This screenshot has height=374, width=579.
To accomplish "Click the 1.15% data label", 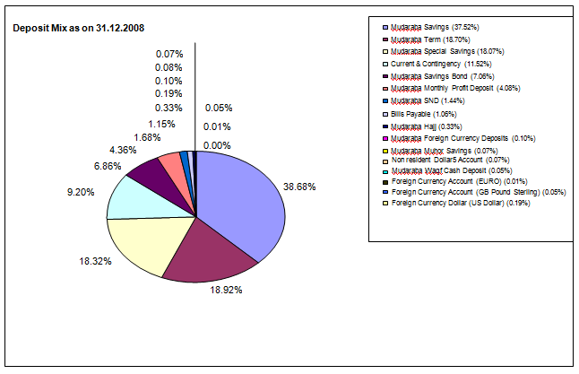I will pyautogui.click(x=161, y=123).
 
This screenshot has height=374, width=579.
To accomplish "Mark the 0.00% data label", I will pyautogui.click(x=217, y=145).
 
